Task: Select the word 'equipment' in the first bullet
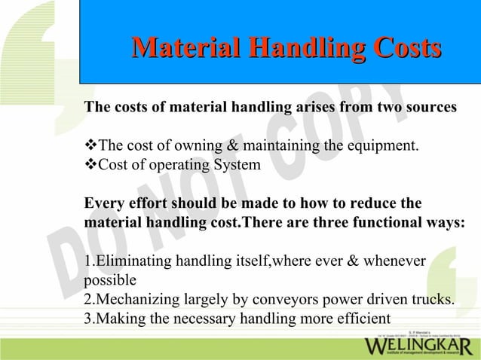[381, 145]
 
